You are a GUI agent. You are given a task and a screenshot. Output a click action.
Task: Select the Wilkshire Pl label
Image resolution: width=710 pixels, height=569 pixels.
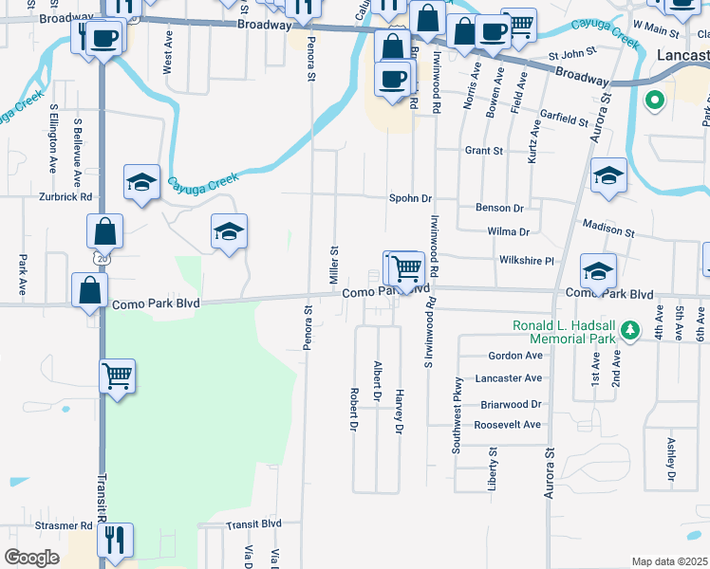click(525, 260)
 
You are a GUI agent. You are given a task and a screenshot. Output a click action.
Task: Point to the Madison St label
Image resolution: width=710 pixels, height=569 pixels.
click(608, 230)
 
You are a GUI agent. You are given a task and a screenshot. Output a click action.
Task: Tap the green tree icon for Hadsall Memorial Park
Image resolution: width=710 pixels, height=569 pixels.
click(630, 330)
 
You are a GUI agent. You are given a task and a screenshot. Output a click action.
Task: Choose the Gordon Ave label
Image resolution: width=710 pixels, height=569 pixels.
click(514, 356)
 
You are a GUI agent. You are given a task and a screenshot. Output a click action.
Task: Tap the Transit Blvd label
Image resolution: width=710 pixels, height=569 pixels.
click(253, 523)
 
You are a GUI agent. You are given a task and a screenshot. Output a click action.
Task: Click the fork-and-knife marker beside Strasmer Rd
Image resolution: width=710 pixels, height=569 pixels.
click(115, 540)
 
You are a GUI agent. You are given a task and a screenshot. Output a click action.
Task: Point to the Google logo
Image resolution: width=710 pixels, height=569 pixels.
click(31, 558)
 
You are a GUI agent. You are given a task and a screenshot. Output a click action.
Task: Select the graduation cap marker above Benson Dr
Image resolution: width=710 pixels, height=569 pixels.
click(608, 174)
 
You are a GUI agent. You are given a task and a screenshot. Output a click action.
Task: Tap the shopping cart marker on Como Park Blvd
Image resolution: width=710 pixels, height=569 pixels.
click(406, 267)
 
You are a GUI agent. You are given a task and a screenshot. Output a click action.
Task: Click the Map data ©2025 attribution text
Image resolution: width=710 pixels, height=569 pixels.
click(668, 561)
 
